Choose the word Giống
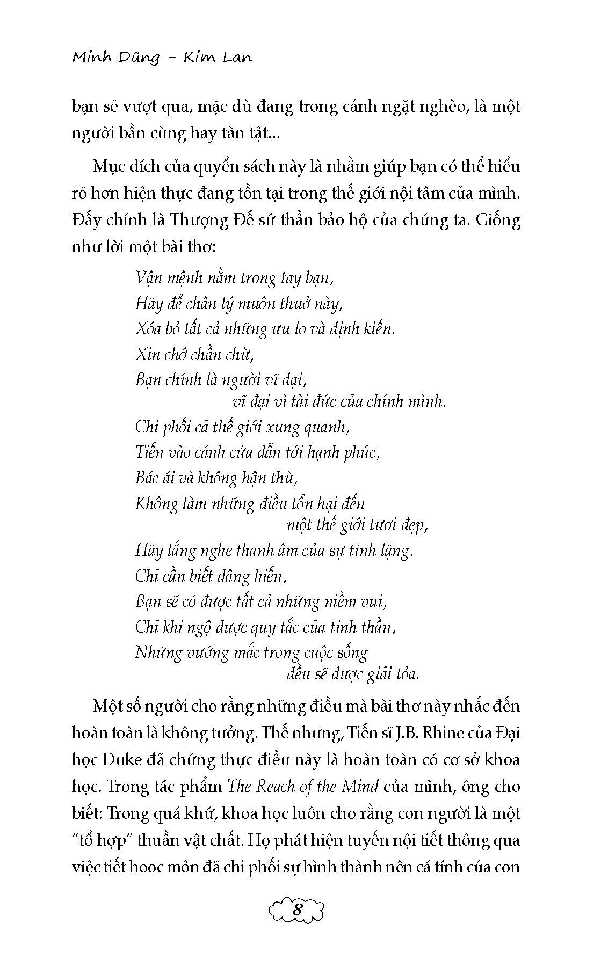[497, 221]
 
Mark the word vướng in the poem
[207, 653]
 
